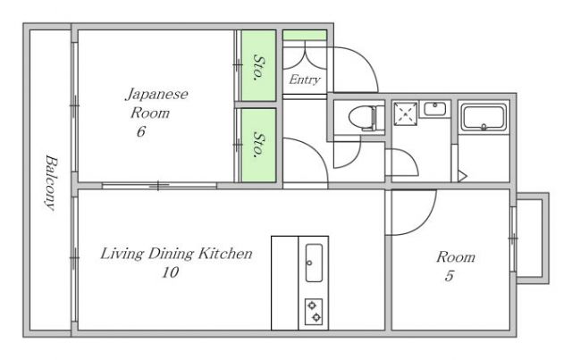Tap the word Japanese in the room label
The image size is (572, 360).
[x=156, y=93]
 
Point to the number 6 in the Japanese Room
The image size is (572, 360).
[x=141, y=132]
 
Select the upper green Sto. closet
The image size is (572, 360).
[x=257, y=68]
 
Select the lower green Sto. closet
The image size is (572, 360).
[x=257, y=145]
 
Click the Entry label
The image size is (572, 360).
[x=305, y=80]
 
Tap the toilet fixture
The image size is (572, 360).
[x=363, y=117]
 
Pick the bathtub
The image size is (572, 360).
[x=483, y=116]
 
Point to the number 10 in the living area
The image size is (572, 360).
[x=170, y=273]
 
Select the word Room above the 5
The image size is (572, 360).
[x=455, y=257]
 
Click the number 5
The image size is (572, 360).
[x=449, y=277]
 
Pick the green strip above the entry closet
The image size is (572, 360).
[x=305, y=36]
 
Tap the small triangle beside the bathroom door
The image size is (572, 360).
[x=461, y=174]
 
